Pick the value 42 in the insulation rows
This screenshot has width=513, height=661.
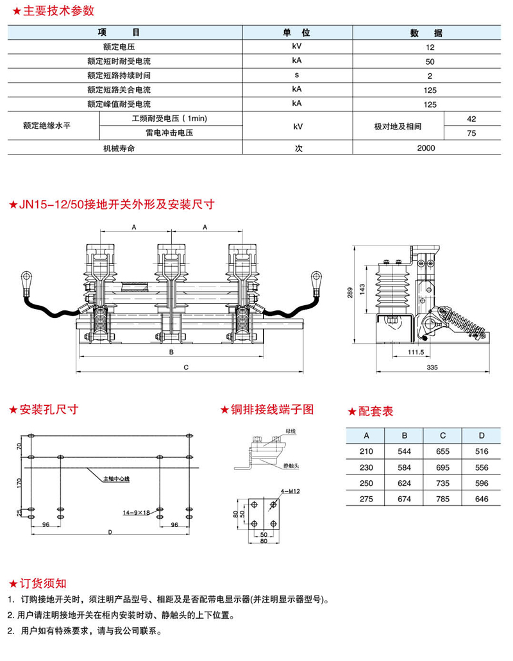471,119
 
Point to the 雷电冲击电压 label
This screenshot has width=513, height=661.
169,133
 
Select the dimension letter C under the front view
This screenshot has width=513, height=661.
186,367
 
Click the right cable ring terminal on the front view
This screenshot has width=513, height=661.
316,277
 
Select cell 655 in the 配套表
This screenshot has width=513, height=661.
442,451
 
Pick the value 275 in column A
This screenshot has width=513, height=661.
366,499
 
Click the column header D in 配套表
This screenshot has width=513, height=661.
481,435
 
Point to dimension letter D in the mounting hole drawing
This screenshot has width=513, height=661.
110,531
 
